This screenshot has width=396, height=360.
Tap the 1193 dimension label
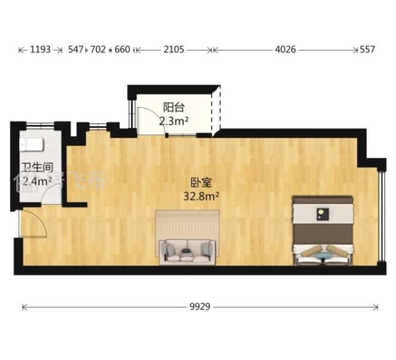click(x=41, y=50)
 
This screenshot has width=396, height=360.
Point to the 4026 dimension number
click(x=286, y=50)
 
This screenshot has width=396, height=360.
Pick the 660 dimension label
click(x=122, y=50)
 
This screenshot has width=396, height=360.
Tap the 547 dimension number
click(x=76, y=50)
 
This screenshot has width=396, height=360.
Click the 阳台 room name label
click(x=173, y=108)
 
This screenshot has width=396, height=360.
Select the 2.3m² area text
click(x=174, y=121)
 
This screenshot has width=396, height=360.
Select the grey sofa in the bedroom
click(x=187, y=250)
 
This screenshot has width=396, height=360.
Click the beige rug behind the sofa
click(x=187, y=223)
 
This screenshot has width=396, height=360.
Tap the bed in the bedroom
click(x=322, y=231)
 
